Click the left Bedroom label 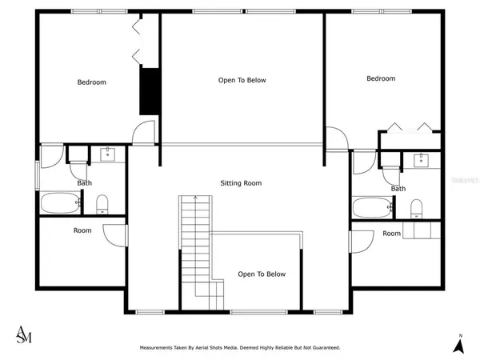point(91,82)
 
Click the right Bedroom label point(381,78)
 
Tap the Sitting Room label point(241,183)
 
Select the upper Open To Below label point(242,80)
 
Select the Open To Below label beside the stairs point(261,274)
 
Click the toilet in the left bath point(102,205)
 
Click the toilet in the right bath point(416,209)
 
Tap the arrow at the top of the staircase point(193,197)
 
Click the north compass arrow point(459,345)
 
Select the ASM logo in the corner point(25,334)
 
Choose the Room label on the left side point(82,230)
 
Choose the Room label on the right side point(391,234)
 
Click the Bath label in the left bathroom point(84,183)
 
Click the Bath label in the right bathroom point(398,189)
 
